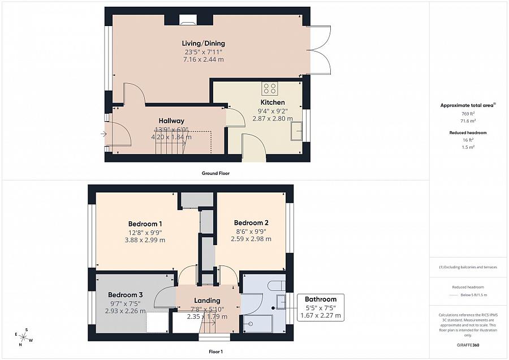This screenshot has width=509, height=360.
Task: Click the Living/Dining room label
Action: click(203, 44)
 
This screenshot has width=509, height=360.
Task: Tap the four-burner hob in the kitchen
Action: click(270, 88)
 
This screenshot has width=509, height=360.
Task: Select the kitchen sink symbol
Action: click(296, 131)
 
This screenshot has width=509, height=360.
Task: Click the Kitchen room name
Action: click(273, 102)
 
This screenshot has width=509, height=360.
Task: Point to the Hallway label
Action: click(171, 121)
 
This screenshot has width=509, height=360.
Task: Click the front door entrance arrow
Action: click(103, 134)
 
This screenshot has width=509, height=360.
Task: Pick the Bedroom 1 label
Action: click(145, 224)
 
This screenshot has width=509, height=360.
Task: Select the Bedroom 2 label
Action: click(251, 222)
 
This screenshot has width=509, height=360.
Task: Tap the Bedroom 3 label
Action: click(125, 295)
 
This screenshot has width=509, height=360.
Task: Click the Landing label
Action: click(207, 301)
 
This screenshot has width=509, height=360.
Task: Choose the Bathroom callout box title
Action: click(321, 299)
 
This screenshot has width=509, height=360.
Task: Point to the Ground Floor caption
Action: click(215, 173)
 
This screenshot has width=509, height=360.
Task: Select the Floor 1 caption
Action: click(215, 352)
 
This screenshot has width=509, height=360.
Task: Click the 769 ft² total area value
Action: click(468, 114)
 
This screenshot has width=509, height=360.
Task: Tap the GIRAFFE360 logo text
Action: click(468, 344)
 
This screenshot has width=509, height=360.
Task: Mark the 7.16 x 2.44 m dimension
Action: click(203, 59)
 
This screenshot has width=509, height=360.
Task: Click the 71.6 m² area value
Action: click(468, 121)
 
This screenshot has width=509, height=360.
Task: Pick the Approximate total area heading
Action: click(467, 105)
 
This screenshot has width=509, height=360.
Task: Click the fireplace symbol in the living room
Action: click(187, 22)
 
